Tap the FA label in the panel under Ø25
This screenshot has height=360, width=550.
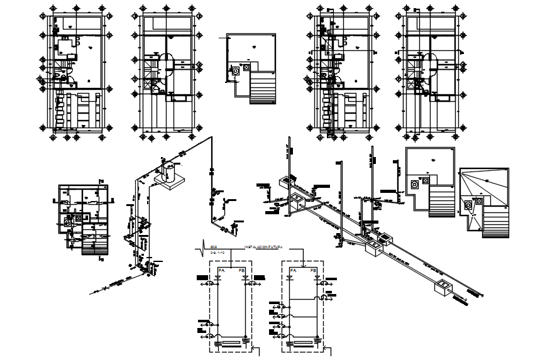coord(220,271)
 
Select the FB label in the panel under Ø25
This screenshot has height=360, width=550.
coord(243,271)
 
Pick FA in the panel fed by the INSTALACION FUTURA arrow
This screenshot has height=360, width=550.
coord(292,271)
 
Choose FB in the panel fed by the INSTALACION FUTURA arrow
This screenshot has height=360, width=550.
coord(314,271)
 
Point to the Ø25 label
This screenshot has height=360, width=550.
coord(213,246)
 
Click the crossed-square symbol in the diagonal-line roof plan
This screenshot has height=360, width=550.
coord(479,200)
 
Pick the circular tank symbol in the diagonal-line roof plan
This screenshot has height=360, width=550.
coord(468,205)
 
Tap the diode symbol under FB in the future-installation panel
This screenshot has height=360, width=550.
coord(314,278)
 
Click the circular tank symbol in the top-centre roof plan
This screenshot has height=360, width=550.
coord(236,71)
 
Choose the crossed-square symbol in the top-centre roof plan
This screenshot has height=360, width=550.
coord(246,66)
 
